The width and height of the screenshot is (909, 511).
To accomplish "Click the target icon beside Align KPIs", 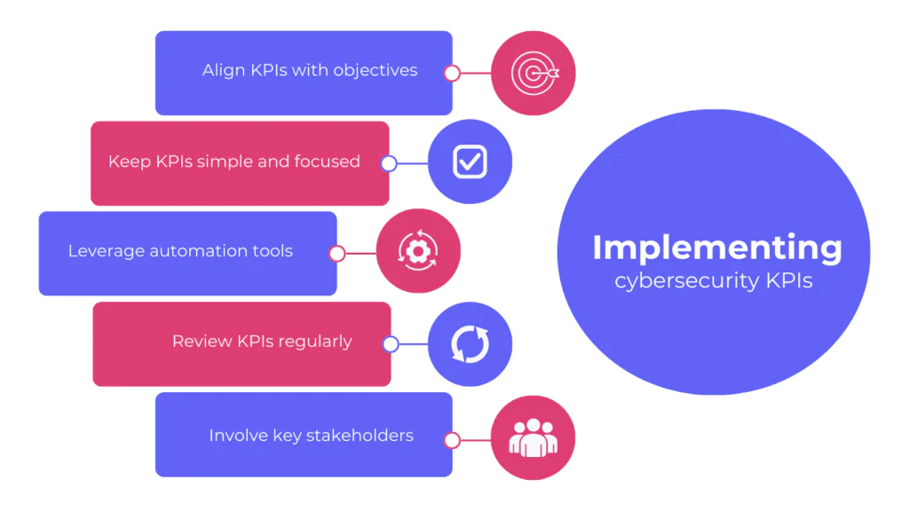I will (x=534, y=74).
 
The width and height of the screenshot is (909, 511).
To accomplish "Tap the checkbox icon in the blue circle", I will (x=470, y=161).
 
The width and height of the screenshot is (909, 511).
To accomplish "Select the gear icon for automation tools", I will (x=418, y=252).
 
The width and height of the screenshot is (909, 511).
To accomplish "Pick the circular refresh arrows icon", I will (x=470, y=343).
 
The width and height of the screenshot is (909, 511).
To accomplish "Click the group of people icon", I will (x=533, y=437).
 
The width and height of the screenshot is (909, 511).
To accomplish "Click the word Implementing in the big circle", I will (x=717, y=248).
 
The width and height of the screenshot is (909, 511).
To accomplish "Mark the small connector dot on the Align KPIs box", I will (x=452, y=74).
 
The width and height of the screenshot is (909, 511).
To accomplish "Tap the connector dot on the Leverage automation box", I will (x=337, y=254).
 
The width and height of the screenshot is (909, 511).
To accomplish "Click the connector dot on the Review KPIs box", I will (x=390, y=344).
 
